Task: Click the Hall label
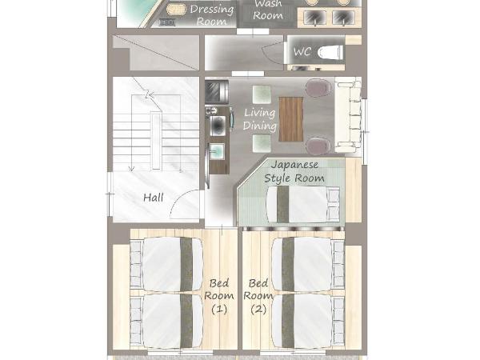click(154, 198)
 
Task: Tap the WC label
click(302, 51)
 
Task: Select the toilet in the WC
click(330, 52)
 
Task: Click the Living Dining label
click(259, 119)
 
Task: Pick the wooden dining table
click(291, 119)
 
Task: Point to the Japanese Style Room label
click(294, 171)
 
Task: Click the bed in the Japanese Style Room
click(303, 205)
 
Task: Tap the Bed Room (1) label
click(219, 296)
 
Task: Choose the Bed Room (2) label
click(258, 296)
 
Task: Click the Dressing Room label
click(211, 15)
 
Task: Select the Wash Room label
click(268, 10)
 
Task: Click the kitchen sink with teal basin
click(217, 151)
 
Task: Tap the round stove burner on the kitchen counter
click(218, 126)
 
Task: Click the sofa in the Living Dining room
click(348, 114)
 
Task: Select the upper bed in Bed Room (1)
click(167, 264)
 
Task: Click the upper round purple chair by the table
click(318, 87)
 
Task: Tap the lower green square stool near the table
click(262, 143)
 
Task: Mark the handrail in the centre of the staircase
click(156, 141)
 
